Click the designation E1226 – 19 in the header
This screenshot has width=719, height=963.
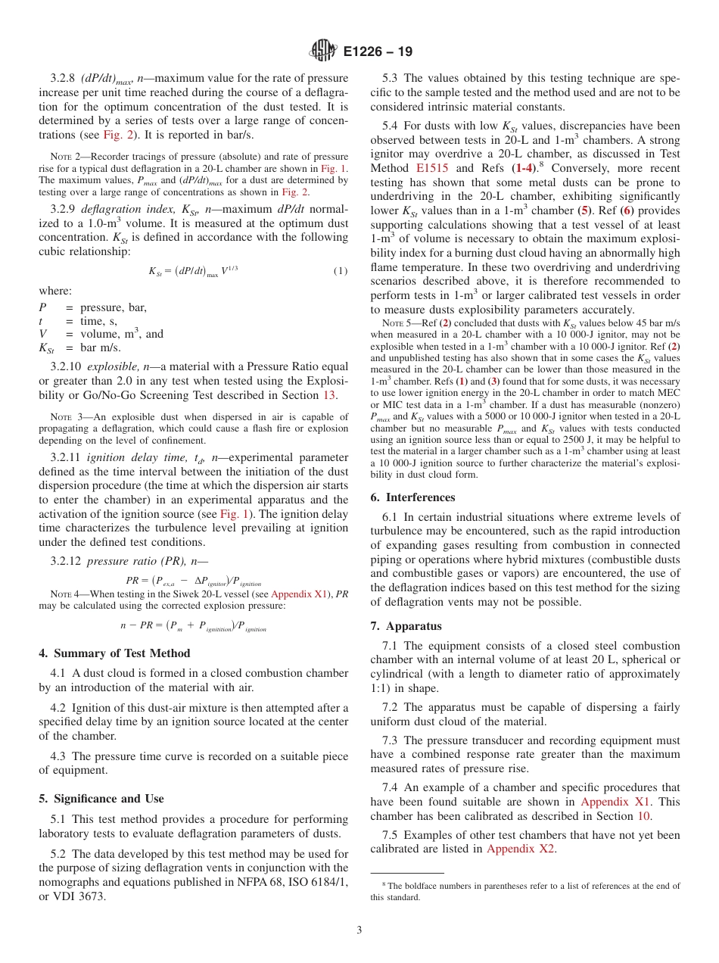(x=378, y=52)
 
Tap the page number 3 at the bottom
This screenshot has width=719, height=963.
(x=359, y=930)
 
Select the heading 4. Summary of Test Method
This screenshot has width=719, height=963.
(x=114, y=653)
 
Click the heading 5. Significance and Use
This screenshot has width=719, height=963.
(x=101, y=799)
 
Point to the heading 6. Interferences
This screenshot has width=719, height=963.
(x=412, y=497)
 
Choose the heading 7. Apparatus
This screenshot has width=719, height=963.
(x=406, y=626)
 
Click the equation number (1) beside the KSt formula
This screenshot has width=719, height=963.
(x=342, y=271)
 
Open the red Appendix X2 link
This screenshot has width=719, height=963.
(x=521, y=849)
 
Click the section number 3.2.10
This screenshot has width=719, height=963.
(x=67, y=367)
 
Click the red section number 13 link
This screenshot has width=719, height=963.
(x=329, y=395)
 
